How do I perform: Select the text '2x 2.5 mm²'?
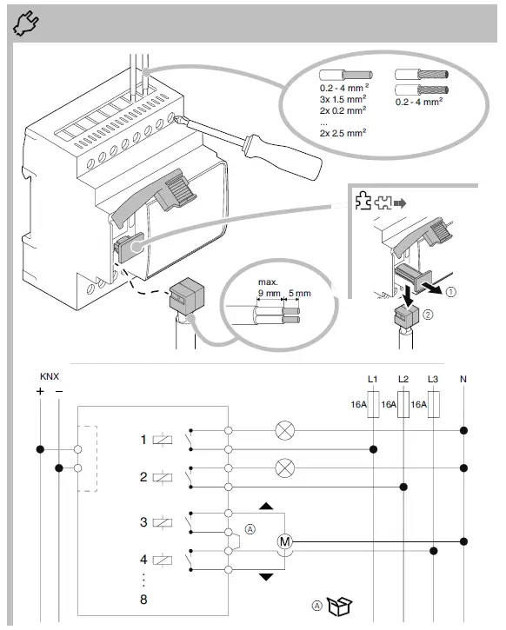click(343, 132)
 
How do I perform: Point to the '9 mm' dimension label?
click(270, 294)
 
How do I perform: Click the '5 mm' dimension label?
click(299, 294)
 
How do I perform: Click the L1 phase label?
click(373, 379)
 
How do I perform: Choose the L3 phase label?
click(433, 379)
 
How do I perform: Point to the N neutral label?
click(463, 379)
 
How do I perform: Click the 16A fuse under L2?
click(403, 404)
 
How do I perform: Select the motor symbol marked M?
click(284, 541)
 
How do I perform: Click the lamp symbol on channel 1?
click(284, 429)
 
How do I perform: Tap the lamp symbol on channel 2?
click(284, 467)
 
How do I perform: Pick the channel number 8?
click(143, 600)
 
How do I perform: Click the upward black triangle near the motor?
click(266, 506)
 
